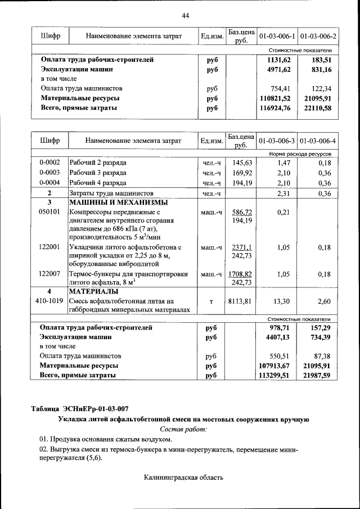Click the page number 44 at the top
(x=185, y=15)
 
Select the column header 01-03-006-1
(x=277, y=37)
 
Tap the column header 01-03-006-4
(x=318, y=140)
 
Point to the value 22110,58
(x=317, y=108)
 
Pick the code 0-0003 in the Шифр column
(x=49, y=173)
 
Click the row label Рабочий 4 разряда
(x=98, y=183)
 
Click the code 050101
(x=49, y=213)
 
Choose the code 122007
(x=49, y=274)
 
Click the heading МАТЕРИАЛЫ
(x=93, y=292)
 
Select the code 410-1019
(x=49, y=301)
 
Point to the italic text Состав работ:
(x=183, y=429)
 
